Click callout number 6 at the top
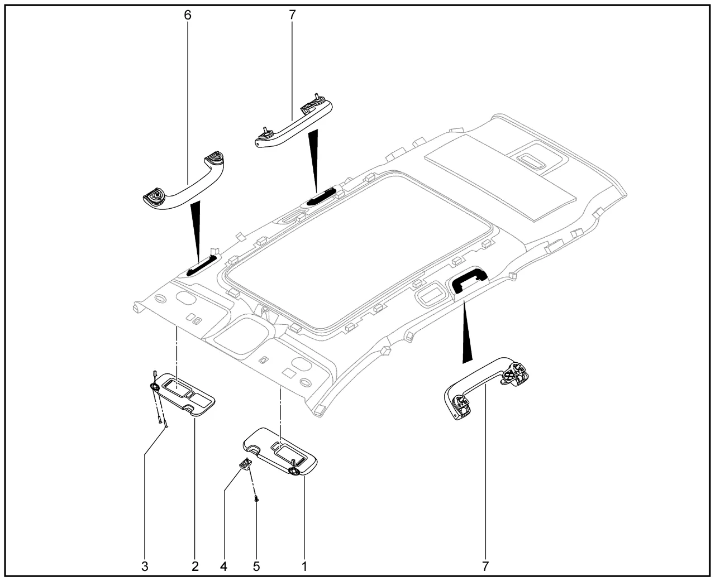point(188,15)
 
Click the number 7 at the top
point(292,15)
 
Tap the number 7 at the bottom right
point(485,566)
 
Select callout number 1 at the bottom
point(304,566)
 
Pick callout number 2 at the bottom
point(195,566)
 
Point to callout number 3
point(145,566)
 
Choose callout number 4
point(224,566)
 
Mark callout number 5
point(256,566)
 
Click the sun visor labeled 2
point(184,393)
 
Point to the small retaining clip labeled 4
point(246,463)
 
